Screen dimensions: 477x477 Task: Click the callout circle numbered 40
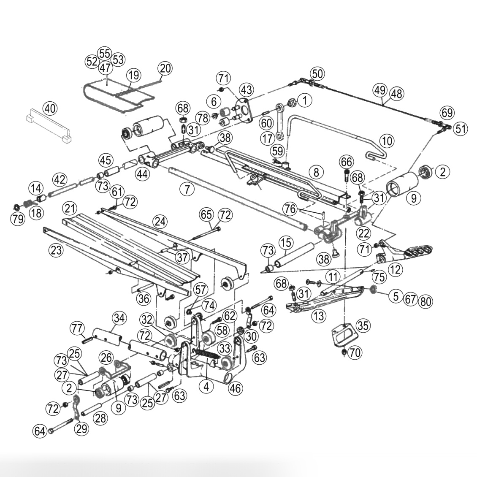click(50, 109)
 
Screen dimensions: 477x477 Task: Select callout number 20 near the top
click(165, 68)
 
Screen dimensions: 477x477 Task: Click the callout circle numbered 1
click(304, 100)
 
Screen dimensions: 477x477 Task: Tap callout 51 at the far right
click(461, 128)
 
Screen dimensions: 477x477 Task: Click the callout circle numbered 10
click(387, 140)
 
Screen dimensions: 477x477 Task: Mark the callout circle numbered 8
click(316, 172)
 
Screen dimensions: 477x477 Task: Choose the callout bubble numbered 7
click(187, 189)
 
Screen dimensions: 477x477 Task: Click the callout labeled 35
click(363, 325)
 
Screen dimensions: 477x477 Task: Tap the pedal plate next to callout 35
click(345, 336)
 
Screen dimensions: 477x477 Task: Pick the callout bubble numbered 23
click(56, 250)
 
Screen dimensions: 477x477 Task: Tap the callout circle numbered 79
click(18, 219)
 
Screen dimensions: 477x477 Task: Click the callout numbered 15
click(286, 243)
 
